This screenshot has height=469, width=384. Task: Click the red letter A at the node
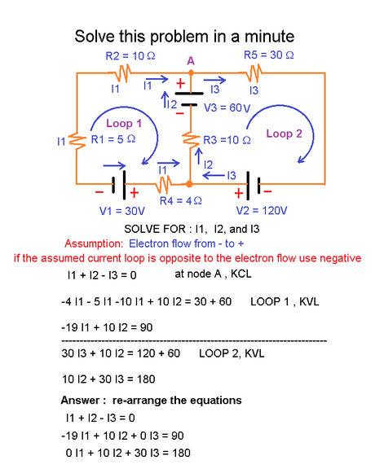click(190, 60)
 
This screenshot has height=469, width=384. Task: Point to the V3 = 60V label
click(227, 107)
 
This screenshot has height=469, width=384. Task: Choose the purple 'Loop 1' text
click(124, 123)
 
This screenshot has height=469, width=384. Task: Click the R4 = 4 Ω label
click(180, 200)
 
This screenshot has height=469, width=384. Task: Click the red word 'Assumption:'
click(91, 243)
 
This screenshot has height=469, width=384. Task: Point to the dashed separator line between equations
click(194, 339)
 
